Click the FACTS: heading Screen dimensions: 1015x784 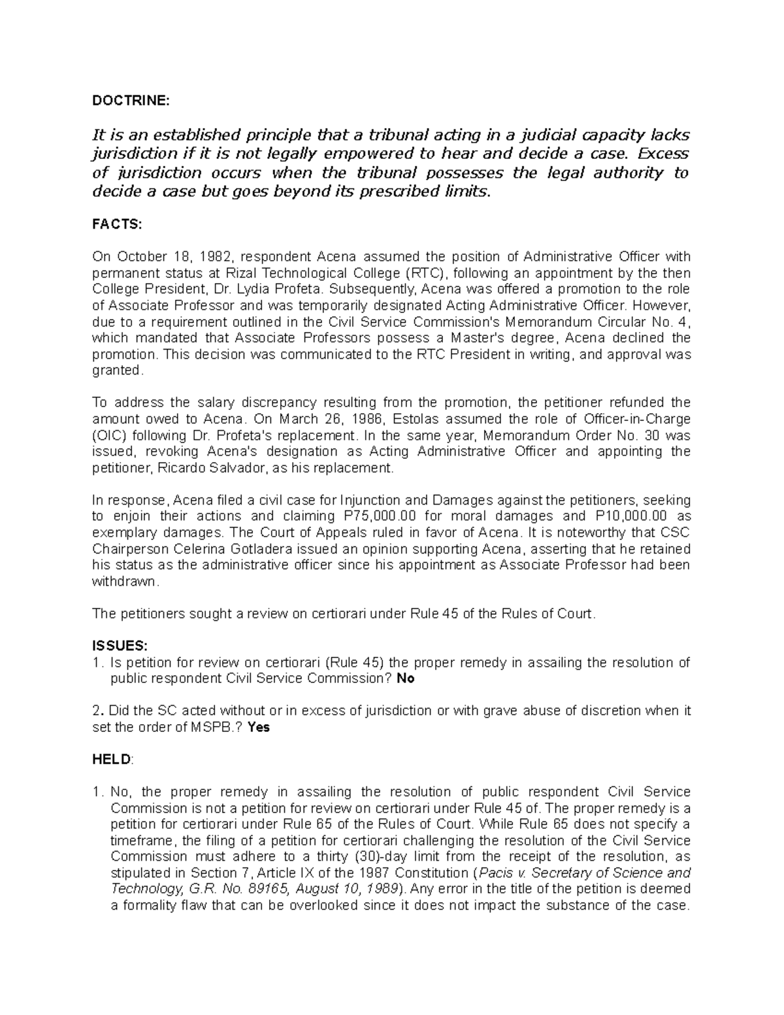coord(116,224)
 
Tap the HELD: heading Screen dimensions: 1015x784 coord(112,759)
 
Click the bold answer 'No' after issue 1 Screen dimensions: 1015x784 coord(406,678)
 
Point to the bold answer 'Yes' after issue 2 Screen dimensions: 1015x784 coord(259,727)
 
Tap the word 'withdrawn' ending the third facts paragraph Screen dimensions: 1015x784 coord(124,581)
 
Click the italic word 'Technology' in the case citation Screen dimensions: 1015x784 coord(146,890)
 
